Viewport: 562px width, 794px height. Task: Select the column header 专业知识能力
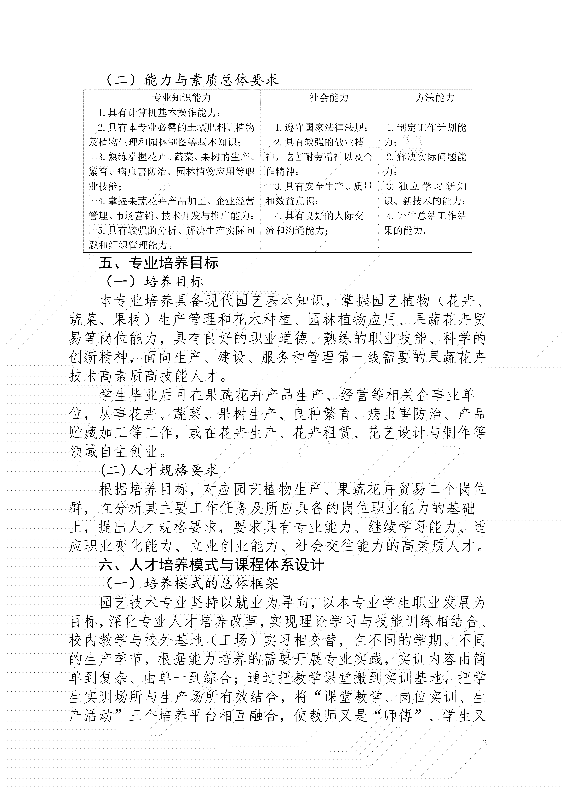181,98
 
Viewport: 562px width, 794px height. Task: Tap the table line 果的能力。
406,230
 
